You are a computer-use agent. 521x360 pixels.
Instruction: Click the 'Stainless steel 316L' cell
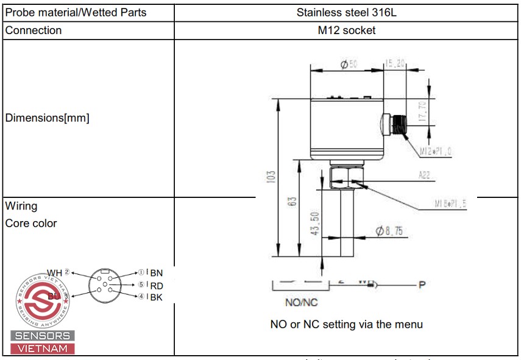coord(346,12)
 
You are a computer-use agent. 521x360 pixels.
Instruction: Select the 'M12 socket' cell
coord(346,30)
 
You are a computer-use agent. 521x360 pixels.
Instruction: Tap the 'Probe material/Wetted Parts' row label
coord(76,12)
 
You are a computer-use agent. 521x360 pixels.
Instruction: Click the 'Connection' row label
coord(34,30)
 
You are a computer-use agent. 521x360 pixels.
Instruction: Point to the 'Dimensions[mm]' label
coord(47,118)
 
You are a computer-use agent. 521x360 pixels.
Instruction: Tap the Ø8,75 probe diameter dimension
coord(389,231)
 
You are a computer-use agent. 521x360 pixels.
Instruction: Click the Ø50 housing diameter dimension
coord(349,64)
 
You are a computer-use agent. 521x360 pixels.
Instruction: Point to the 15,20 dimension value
coord(395,63)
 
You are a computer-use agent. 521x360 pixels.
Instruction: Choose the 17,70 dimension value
coord(423,112)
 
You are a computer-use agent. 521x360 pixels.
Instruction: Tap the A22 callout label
coord(425,175)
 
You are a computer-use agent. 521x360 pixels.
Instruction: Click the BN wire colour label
coord(157,273)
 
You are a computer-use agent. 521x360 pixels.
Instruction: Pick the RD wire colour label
coord(157,285)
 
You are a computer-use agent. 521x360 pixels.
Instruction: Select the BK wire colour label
coord(157,297)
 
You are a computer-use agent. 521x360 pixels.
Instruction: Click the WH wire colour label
coord(55,273)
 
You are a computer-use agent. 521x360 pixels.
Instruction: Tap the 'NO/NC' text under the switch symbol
coord(302,302)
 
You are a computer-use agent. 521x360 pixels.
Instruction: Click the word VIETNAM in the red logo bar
coord(43,348)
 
